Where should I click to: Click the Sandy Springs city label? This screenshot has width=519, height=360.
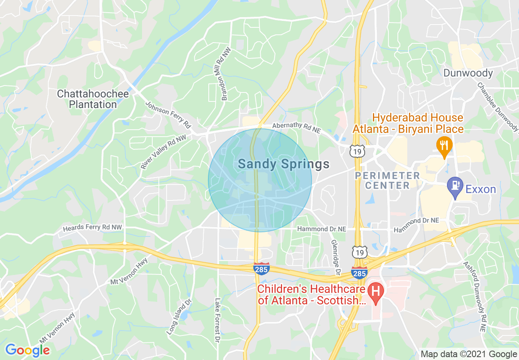(283, 164)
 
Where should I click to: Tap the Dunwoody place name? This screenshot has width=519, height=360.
(468, 73)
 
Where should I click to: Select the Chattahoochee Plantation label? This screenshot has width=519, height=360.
(93, 99)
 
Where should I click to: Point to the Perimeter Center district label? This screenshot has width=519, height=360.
(387, 180)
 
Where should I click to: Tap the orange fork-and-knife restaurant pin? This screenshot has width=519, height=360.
(444, 146)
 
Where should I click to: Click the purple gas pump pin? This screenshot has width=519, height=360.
(455, 185)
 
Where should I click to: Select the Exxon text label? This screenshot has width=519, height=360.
(481, 189)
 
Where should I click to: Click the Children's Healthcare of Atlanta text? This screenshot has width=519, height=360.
(311, 295)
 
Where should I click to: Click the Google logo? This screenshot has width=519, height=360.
(27, 350)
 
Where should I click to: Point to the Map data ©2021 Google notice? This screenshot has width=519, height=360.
(469, 354)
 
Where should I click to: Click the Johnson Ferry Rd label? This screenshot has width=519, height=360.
(168, 114)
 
